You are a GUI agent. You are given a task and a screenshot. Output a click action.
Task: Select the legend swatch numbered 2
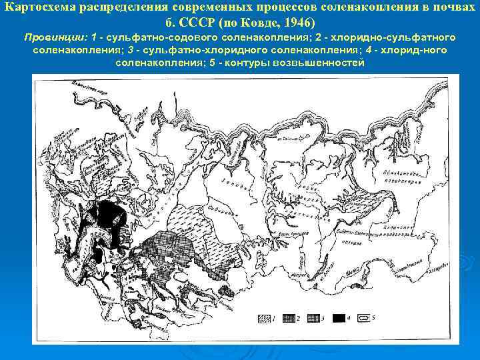pos(289,318)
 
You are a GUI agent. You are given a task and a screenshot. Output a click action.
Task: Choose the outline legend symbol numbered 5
pos(363,318)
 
